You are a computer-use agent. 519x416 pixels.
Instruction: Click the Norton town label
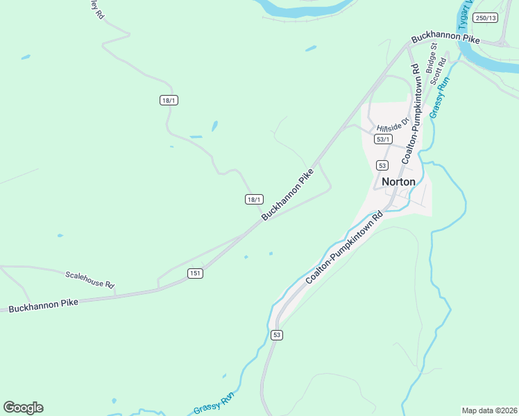point(398,182)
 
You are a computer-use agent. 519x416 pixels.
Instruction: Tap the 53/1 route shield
point(382,139)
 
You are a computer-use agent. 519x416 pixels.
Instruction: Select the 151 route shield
point(195,274)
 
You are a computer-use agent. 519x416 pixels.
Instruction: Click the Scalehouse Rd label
point(90,280)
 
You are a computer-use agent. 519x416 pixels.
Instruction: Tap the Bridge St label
point(432,58)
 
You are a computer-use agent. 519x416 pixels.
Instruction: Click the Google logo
point(23,407)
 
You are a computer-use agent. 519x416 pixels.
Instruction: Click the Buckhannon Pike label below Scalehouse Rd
point(43,304)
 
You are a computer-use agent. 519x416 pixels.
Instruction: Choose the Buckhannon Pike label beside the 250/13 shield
point(445,40)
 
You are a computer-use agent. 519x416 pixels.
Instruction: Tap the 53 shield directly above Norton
point(382,165)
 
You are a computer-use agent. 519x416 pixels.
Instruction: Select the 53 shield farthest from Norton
point(277,336)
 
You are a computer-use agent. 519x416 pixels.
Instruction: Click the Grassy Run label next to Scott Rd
point(440,96)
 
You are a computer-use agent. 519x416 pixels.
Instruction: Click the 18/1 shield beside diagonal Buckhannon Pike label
point(254,200)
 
